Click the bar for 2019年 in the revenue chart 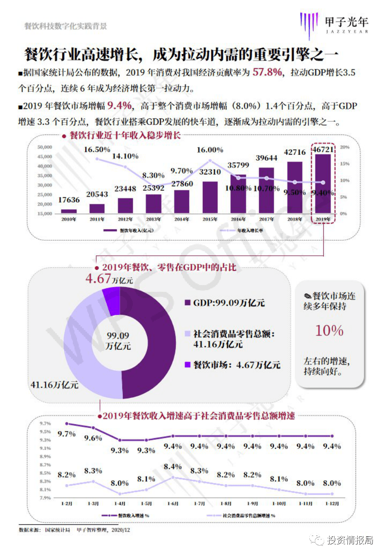(x=323, y=183)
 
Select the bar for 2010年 (x=69, y=211)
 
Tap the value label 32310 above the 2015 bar (x=210, y=172)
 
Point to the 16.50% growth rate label (x=97, y=150)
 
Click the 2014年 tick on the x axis (x=182, y=219)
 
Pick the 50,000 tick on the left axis (x=45, y=147)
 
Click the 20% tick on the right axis (x=345, y=147)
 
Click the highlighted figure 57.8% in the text (x=267, y=72)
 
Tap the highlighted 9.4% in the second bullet (x=119, y=105)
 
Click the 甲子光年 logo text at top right (x=347, y=22)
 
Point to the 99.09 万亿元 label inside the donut (x=118, y=340)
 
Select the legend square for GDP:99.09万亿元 (x=187, y=303)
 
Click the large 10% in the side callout (x=329, y=330)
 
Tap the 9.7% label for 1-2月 (x=66, y=434)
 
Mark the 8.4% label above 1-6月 (x=173, y=466)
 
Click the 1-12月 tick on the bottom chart (x=332, y=504)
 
